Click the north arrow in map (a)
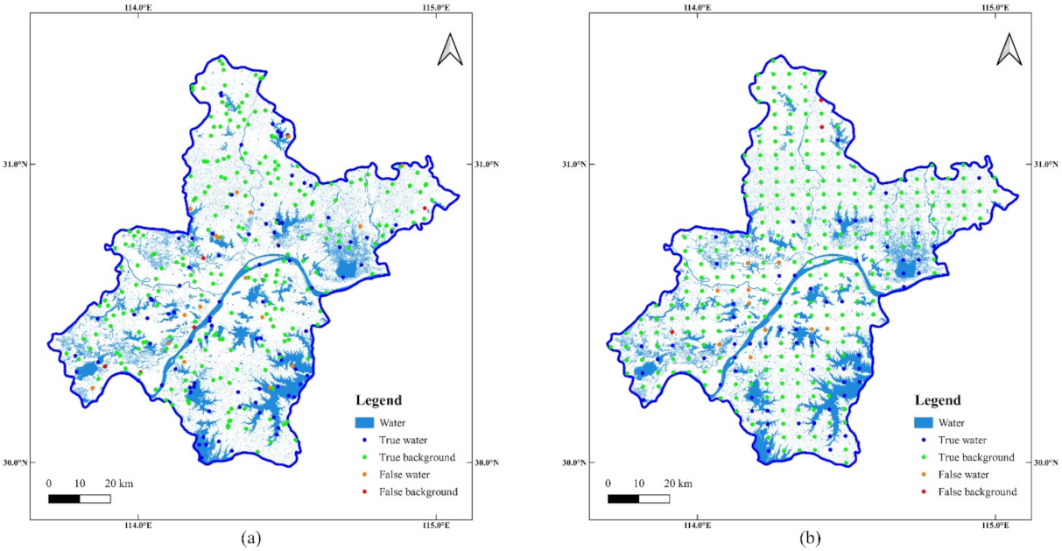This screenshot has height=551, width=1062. point(450,50)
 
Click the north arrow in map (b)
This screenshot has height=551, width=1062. point(1009,50)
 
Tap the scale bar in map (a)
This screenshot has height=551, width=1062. point(79,498)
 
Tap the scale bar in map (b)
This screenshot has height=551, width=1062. point(638,498)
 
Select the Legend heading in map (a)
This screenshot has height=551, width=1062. point(378,401)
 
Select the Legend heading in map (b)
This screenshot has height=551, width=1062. point(938,401)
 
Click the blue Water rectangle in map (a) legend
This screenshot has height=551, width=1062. point(364,422)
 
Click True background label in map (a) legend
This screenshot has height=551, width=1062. point(417,457)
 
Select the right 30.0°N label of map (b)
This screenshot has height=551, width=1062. point(1046,463)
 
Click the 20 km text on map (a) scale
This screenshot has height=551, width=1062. point(118,484)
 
